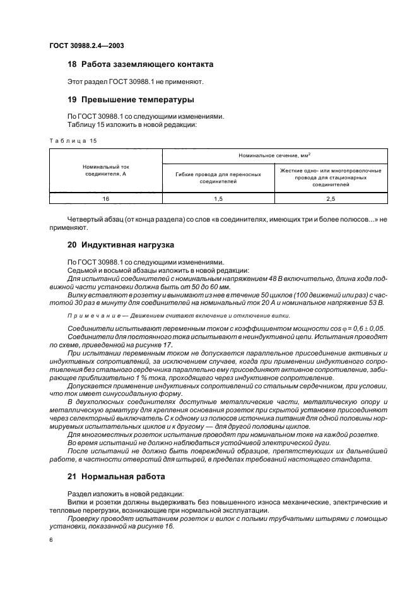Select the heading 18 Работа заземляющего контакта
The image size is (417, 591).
pyautogui.click(x=140, y=64)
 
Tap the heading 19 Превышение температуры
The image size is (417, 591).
pyautogui.click(x=130, y=100)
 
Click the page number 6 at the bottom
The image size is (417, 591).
pyautogui.click(x=51, y=540)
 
